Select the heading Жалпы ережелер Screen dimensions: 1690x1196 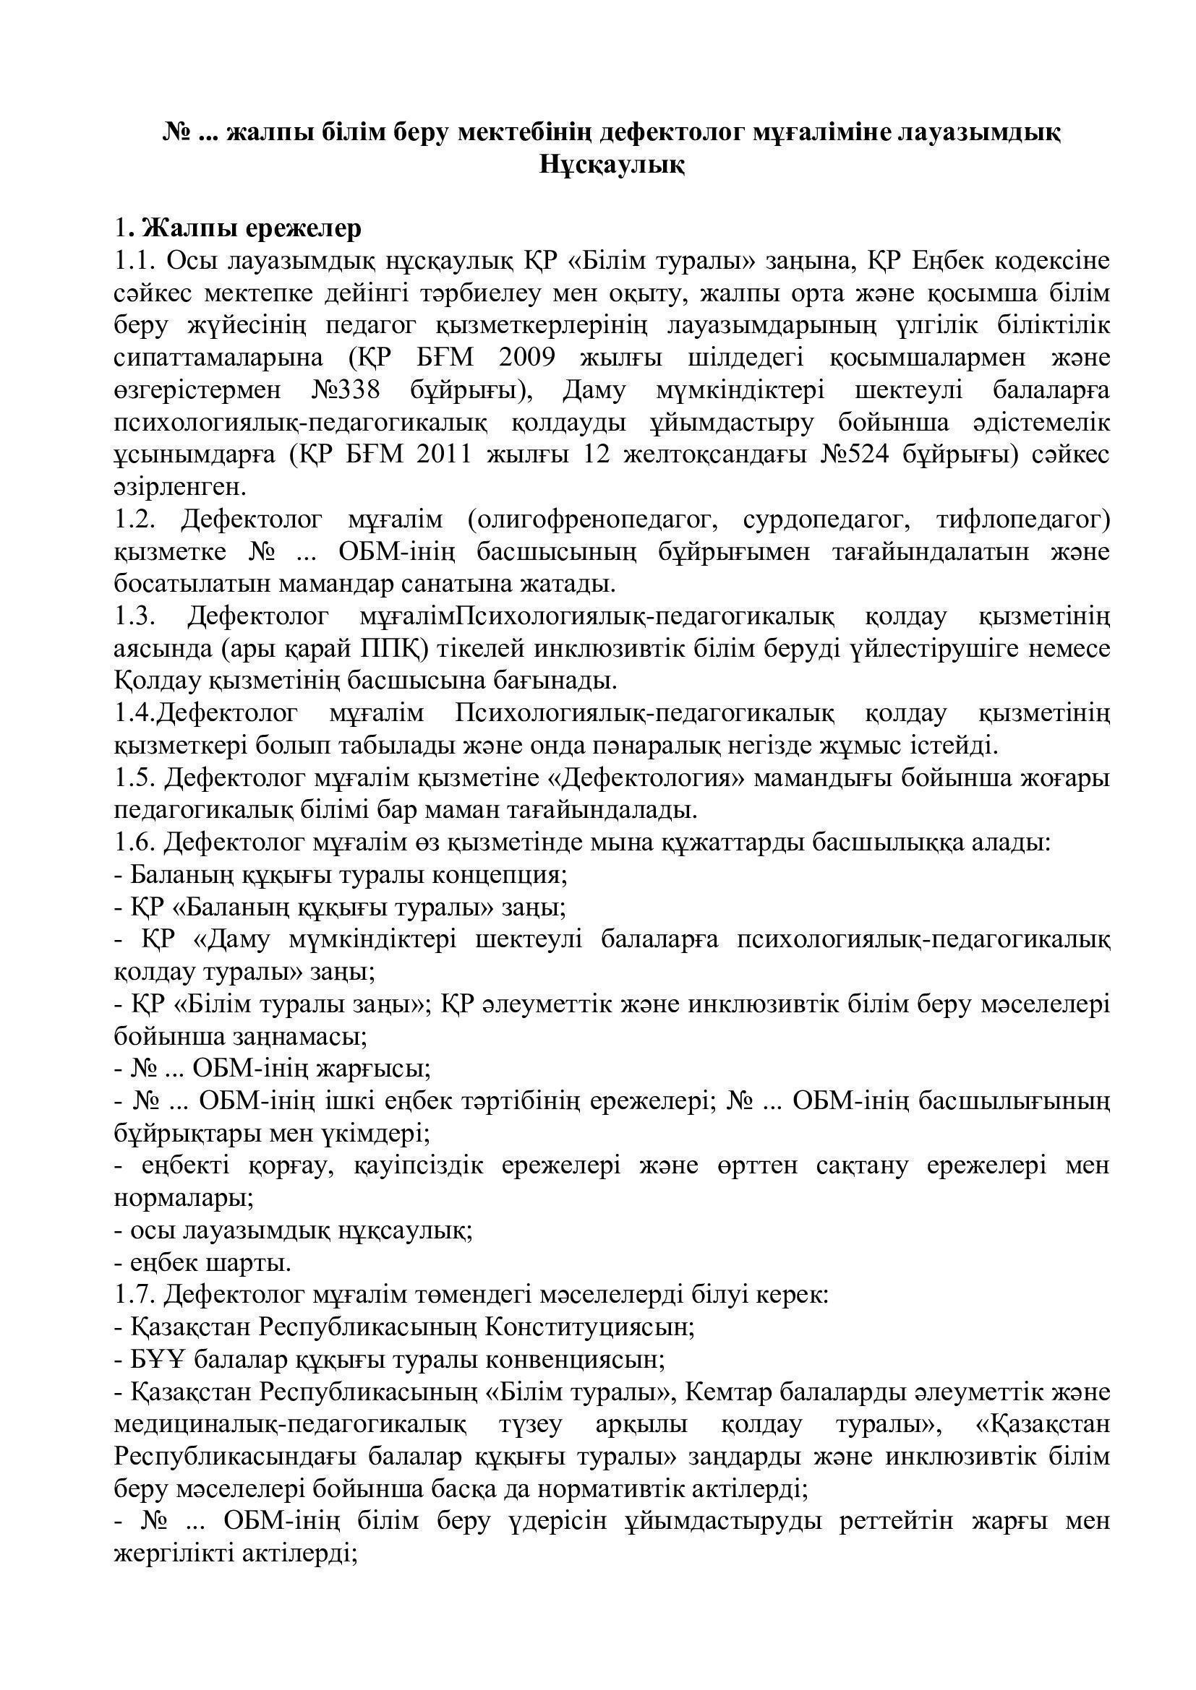click(251, 229)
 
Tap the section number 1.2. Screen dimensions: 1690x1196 click(134, 519)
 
